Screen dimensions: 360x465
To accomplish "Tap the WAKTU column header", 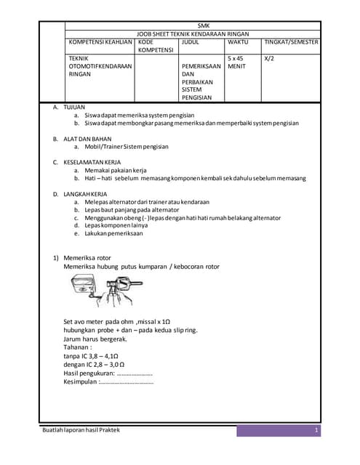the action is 238,42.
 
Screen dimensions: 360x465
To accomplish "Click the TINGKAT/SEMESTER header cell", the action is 291,42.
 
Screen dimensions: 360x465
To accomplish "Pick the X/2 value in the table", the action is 270,58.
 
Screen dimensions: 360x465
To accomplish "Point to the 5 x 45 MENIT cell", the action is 237,62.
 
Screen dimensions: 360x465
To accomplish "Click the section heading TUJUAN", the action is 75,107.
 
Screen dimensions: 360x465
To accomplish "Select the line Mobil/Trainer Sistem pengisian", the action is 126,146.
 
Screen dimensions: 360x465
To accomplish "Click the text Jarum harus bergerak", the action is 95,339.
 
